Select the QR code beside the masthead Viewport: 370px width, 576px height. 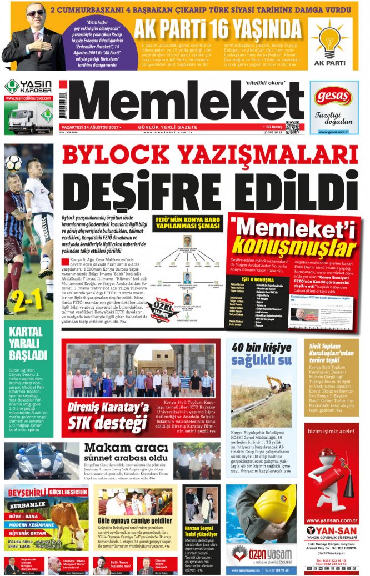click(x=293, y=127)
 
